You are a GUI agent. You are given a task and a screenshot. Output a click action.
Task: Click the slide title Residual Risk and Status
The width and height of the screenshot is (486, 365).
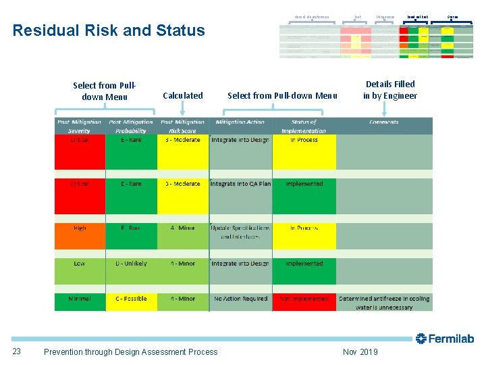point(109,30)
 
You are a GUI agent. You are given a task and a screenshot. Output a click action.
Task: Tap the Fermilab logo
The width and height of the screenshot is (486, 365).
point(445,339)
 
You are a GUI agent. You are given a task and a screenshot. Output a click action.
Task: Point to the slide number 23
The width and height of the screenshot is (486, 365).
point(18,351)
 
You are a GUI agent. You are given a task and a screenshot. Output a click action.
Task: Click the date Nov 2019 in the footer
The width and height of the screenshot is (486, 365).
point(360,351)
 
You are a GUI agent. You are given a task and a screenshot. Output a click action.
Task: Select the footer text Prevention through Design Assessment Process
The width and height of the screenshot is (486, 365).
point(130,351)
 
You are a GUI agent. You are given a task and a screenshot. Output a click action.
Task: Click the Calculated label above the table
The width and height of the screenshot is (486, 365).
point(183,96)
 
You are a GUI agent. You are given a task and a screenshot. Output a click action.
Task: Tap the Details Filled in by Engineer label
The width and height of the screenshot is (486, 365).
point(390,90)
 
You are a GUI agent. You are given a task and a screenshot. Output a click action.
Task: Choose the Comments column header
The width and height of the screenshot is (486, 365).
point(383,122)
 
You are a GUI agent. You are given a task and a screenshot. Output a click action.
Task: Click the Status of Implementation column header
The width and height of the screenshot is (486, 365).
point(304,126)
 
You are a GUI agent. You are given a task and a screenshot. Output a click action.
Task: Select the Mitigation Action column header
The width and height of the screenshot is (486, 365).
point(240,122)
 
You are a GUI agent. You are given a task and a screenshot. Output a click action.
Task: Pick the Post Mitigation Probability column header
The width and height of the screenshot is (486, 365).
point(131,126)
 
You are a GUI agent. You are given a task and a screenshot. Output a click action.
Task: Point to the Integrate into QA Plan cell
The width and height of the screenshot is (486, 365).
point(240,184)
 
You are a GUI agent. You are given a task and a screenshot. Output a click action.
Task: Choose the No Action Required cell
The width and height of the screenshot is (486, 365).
point(240,299)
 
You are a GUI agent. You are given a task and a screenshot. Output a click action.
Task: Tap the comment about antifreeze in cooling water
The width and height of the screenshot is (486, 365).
point(384,303)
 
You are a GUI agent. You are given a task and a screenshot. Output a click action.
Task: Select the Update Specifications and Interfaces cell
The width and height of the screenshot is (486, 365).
point(240,233)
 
